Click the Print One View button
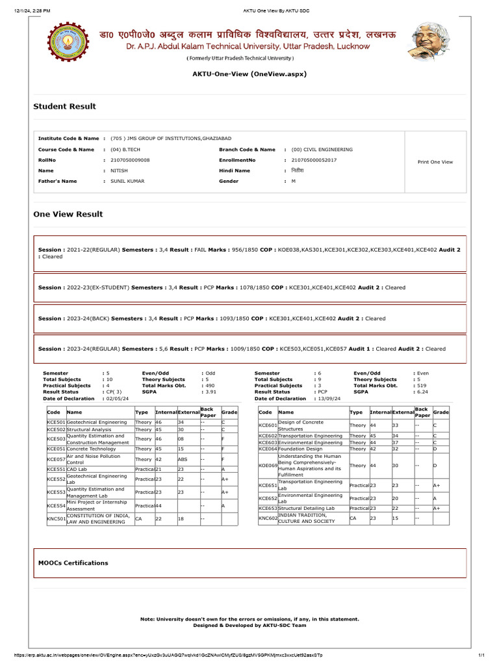click(435, 162)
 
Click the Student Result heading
click(64, 107)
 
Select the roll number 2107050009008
click(130, 160)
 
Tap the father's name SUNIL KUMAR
click(127, 181)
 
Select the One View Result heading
click(68, 214)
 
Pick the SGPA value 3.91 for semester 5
click(211, 392)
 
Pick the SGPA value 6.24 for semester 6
click(423, 392)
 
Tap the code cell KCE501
click(56, 422)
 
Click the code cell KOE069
click(267, 466)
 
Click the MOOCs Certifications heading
click(73, 563)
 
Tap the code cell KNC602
click(267, 518)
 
